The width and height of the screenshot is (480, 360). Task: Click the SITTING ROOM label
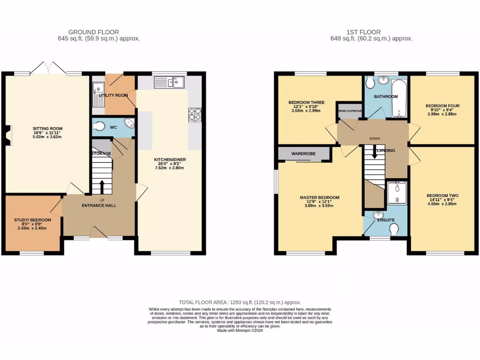click(x=47, y=128)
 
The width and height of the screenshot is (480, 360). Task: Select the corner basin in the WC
click(x=128, y=123)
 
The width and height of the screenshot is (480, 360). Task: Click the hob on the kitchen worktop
click(x=195, y=115)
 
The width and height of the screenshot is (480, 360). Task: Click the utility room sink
click(x=98, y=88)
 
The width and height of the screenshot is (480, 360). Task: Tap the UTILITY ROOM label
click(x=113, y=95)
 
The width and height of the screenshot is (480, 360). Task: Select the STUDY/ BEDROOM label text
click(x=32, y=220)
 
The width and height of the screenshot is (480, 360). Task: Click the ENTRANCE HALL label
click(x=99, y=205)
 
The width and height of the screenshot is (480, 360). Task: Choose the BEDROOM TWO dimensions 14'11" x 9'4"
click(x=442, y=201)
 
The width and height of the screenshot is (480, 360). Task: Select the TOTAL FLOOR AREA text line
click(x=240, y=303)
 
